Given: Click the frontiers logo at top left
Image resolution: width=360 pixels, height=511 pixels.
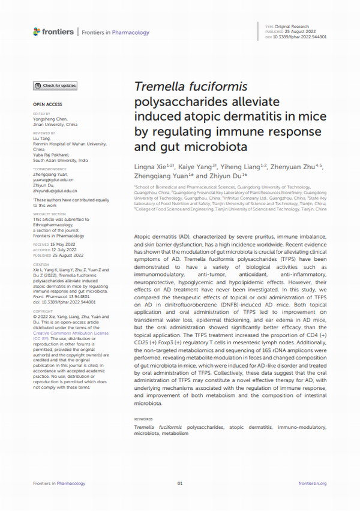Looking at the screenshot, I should [x=54, y=32].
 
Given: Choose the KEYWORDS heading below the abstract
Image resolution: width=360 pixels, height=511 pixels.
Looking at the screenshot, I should [x=144, y=419].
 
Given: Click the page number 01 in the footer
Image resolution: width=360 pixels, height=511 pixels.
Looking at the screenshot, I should [x=180, y=483].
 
